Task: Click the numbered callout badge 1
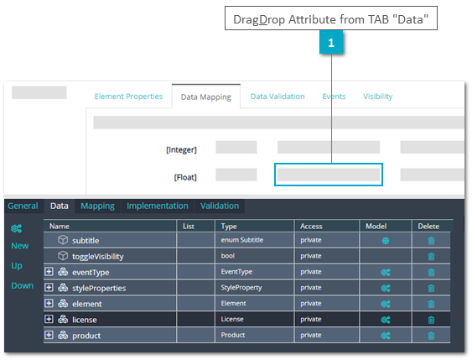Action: tap(331, 43)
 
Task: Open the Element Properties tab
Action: tap(128, 97)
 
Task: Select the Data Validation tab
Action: tap(277, 97)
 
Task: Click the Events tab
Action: tap(334, 97)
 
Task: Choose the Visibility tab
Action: tap(378, 97)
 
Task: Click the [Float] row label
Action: tap(185, 177)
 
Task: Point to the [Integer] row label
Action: tap(181, 149)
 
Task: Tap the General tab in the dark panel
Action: tap(23, 206)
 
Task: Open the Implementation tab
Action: tap(158, 206)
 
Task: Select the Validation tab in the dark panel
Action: tap(220, 206)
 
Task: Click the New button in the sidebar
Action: tap(20, 246)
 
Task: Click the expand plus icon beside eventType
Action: tap(49, 272)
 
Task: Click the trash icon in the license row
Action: tap(431, 320)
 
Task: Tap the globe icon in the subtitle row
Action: tap(386, 241)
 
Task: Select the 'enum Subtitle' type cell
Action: tap(242, 240)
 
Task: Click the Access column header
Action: tap(311, 227)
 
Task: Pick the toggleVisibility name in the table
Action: tap(98, 257)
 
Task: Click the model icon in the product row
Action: tap(386, 336)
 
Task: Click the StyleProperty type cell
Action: tap(241, 288)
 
